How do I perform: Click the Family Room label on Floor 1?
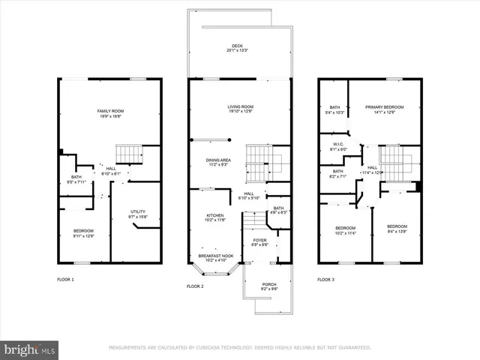[x=109, y=114]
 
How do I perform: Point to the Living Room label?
[x=241, y=109]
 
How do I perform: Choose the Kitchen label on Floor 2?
[x=215, y=218]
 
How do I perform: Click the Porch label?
[x=268, y=286]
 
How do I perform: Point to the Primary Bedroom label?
[x=384, y=109]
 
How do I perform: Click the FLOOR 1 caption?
[x=66, y=279]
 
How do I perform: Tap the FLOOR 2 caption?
[x=195, y=286]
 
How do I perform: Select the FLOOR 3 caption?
[x=325, y=279]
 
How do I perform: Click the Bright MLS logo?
[x=30, y=349]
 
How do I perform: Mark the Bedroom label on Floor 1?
[x=83, y=234]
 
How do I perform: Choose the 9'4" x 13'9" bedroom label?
[x=397, y=229]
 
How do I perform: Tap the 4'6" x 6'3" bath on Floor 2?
[x=278, y=210]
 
